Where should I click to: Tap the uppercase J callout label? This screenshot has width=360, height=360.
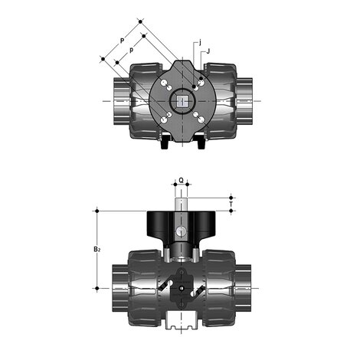point(209,52)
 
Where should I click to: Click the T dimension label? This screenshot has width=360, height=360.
point(232,205)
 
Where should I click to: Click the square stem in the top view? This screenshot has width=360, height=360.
point(182,100)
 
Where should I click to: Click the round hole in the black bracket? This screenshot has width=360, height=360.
point(181,231)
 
